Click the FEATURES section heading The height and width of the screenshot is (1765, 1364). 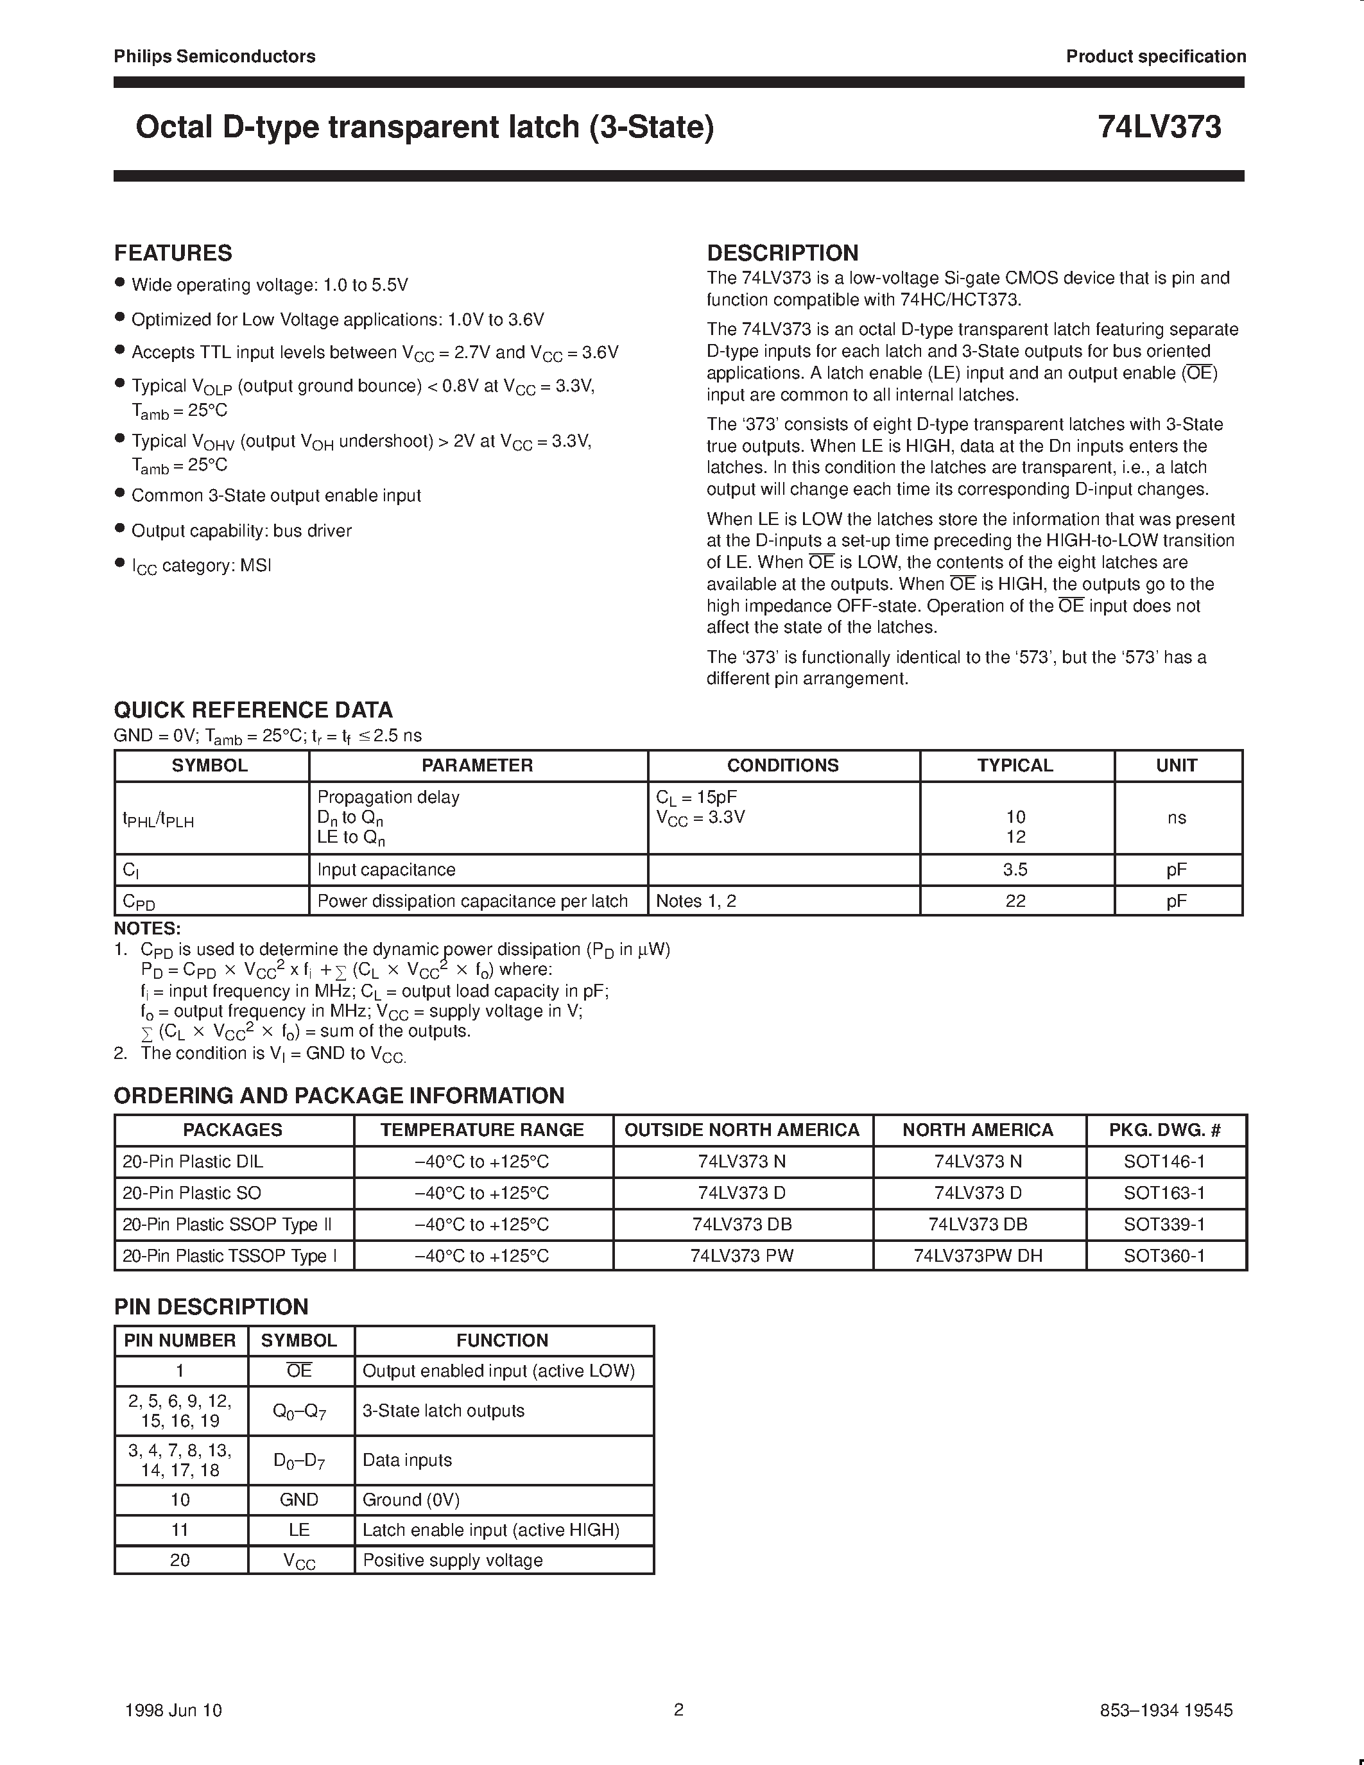click(173, 253)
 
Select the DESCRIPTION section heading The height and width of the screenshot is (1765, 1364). click(782, 253)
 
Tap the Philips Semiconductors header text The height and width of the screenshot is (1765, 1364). click(214, 56)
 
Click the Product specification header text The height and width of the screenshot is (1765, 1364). click(1155, 56)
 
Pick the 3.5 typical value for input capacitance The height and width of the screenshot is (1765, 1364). click(1015, 870)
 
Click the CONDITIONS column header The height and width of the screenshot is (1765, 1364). click(782, 765)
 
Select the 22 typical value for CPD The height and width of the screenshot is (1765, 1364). click(1015, 900)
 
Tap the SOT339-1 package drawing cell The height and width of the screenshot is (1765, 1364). click(1164, 1225)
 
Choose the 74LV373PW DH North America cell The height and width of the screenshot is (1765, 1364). click(978, 1256)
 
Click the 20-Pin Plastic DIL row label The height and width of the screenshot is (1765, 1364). click(193, 1161)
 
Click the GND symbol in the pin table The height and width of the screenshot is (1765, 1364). click(299, 1500)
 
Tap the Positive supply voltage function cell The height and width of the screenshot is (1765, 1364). click(453, 1560)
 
